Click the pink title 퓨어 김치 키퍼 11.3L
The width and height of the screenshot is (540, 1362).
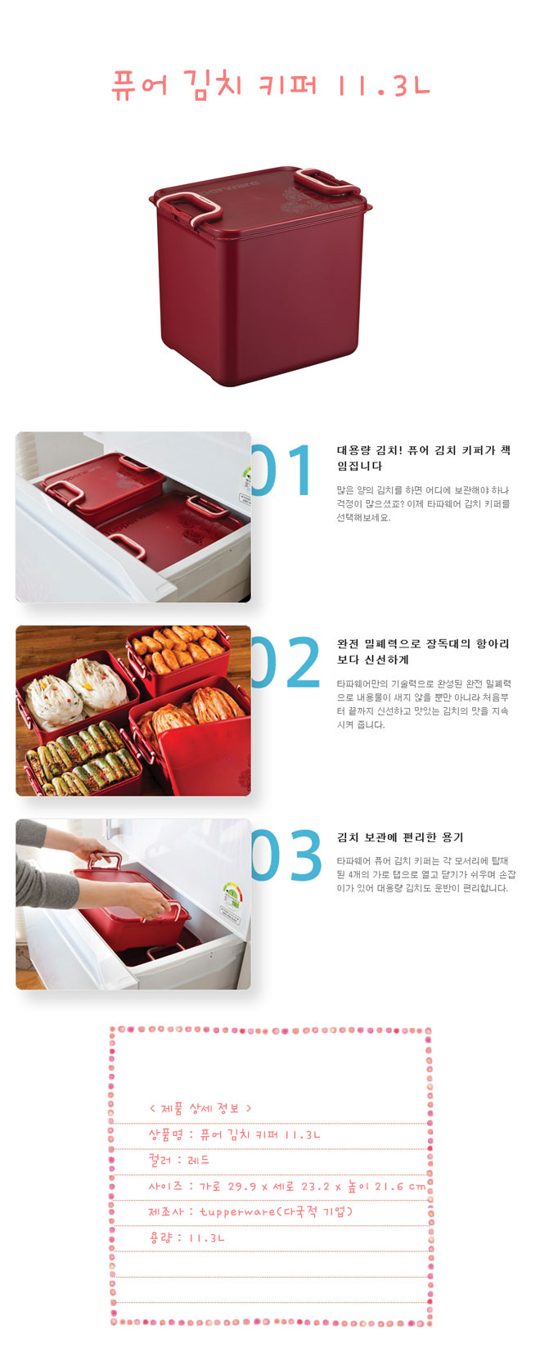coord(271,84)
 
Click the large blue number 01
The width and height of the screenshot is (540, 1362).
coord(282,469)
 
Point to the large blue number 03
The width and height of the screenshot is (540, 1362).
coord(286,855)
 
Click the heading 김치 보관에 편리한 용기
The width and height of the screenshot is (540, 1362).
coord(400,837)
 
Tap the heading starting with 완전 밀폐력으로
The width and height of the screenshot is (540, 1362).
coord(423,652)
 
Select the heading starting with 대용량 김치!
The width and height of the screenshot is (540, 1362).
coord(423,458)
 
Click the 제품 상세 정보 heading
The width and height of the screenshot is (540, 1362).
coord(200,1108)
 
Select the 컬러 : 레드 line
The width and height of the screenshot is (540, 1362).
coord(179,1160)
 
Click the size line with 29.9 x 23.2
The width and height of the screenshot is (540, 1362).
coord(287,1186)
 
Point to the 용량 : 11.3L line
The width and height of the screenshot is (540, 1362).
coord(187,1238)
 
